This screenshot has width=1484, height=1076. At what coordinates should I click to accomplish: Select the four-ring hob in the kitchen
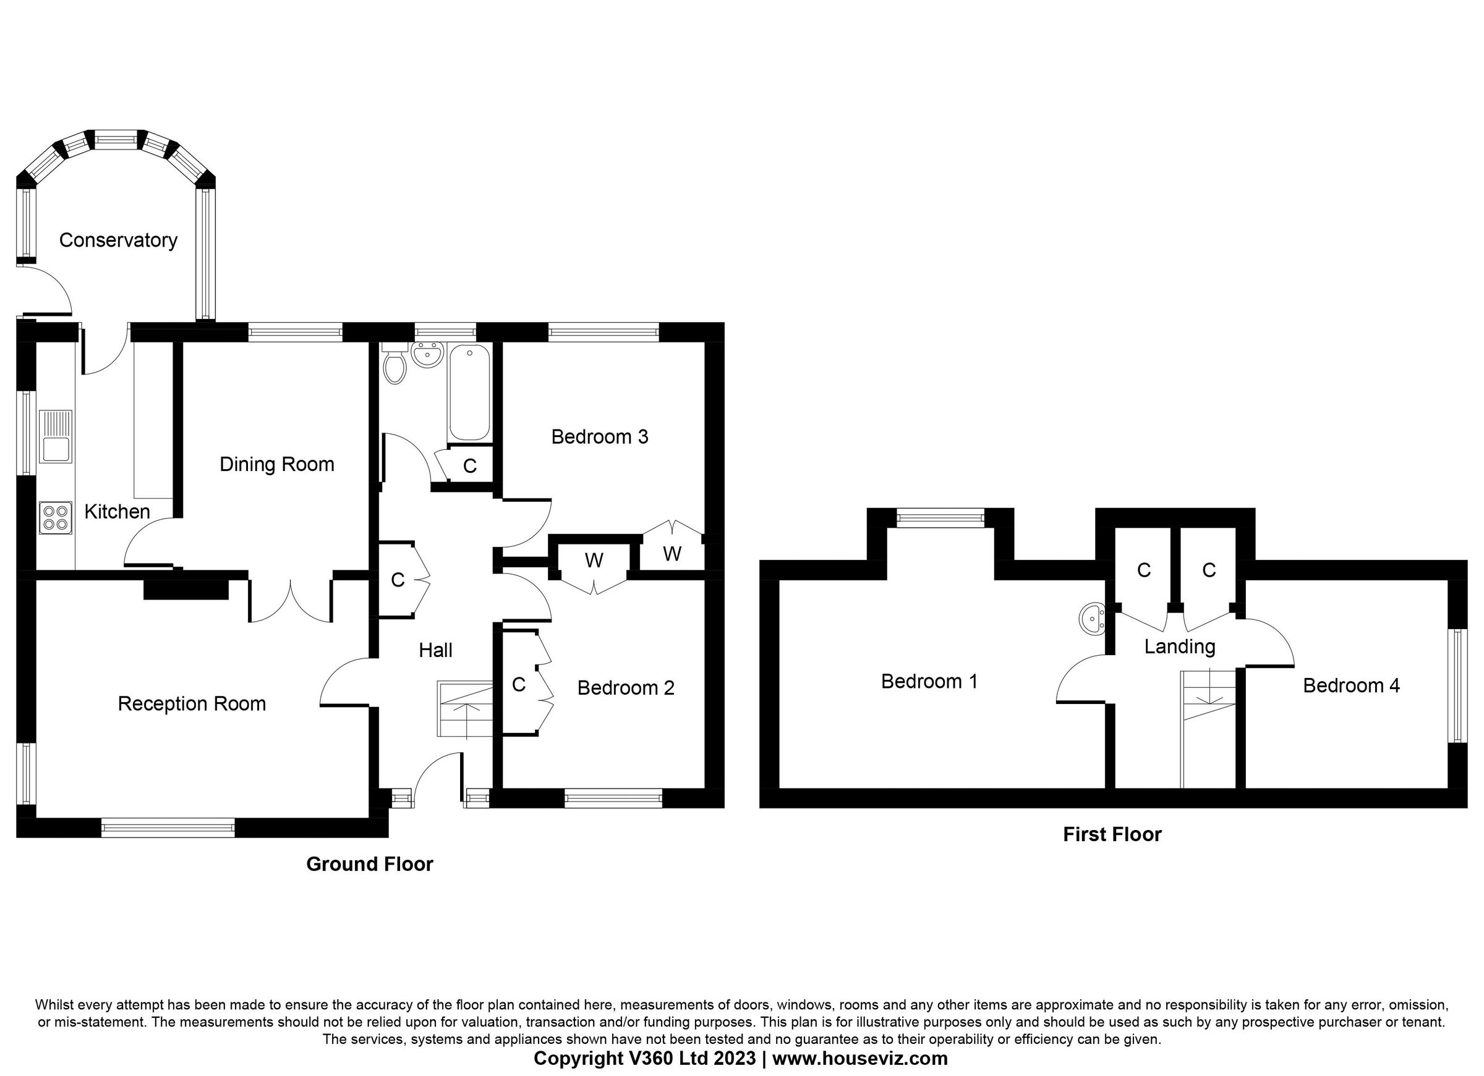(55, 517)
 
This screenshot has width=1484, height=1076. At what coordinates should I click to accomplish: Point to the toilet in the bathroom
(394, 366)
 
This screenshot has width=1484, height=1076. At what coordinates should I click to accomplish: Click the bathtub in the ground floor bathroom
(469, 392)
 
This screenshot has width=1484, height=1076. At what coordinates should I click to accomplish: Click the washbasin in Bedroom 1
(1091, 618)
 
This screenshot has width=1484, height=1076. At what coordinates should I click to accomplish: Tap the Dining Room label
(277, 464)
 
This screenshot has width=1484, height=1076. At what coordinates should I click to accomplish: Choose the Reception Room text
(192, 704)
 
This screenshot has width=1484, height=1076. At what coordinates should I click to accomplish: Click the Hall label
(436, 650)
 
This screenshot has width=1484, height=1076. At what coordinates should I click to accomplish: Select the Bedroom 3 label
(599, 437)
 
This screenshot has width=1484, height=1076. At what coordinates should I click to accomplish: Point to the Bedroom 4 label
(1351, 685)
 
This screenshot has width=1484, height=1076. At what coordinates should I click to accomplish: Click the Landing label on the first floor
(1180, 647)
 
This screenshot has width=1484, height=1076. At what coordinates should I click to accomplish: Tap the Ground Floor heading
(370, 864)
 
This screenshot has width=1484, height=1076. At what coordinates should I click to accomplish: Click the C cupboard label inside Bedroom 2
(519, 685)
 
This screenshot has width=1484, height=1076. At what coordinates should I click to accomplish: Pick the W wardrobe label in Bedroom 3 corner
(672, 554)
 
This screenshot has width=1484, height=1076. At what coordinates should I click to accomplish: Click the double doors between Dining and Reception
(290, 600)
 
